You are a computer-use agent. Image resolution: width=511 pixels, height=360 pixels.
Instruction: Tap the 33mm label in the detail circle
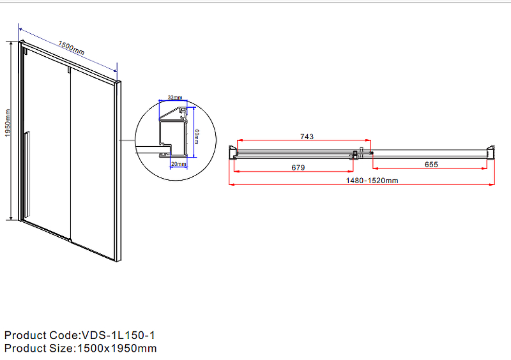tap(175, 98)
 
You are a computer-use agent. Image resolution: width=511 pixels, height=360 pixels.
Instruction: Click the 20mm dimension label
tap(179, 165)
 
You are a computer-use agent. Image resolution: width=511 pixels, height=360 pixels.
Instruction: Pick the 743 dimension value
tap(305, 137)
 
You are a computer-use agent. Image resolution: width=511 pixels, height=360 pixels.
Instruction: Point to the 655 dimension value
tap(431, 165)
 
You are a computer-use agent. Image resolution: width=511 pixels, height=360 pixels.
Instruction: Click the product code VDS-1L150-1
tap(118, 335)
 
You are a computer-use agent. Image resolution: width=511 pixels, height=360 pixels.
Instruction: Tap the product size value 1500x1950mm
tap(116, 349)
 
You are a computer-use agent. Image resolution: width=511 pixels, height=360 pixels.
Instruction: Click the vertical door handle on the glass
tap(26, 172)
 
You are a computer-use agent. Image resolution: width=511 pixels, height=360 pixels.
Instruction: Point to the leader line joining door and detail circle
tap(128, 140)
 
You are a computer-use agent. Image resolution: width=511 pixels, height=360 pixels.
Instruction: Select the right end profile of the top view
tap(491, 152)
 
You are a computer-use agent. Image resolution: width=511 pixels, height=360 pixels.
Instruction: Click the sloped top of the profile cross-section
tap(169, 114)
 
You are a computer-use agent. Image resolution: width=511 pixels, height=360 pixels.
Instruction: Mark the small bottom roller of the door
tap(70, 241)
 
